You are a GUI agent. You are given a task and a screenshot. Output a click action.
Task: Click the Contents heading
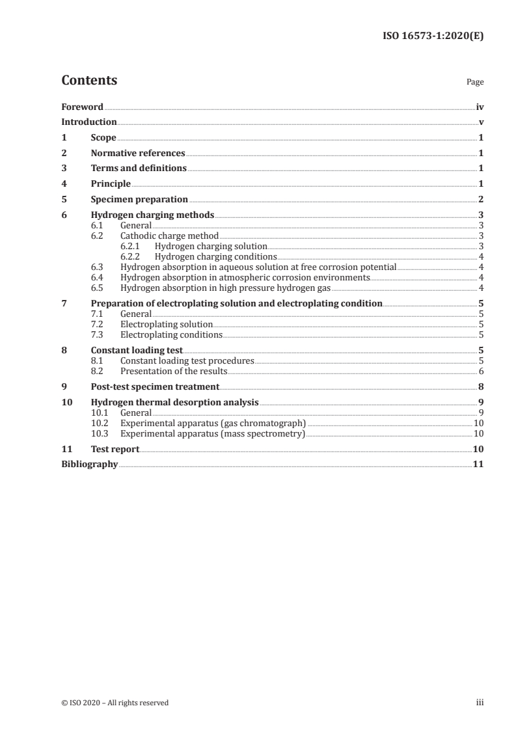[89, 81]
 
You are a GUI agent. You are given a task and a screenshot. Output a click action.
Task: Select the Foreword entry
[82, 107]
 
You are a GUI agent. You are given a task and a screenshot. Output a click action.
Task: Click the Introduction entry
[89, 122]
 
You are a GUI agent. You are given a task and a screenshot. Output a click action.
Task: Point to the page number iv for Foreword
[480, 107]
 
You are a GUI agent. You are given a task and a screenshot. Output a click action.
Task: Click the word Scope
[104, 137]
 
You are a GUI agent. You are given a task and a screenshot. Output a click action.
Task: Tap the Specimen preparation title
[140, 199]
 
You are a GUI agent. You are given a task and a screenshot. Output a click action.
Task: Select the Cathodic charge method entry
[169, 236]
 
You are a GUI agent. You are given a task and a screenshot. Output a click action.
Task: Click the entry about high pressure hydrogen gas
[226, 288]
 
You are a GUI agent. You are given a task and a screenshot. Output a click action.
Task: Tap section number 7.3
[98, 334]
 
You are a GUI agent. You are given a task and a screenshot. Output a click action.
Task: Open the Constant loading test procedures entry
[187, 360]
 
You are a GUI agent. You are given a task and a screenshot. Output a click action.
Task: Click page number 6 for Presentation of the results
[481, 371]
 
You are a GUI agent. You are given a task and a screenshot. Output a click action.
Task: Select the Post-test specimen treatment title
[155, 386]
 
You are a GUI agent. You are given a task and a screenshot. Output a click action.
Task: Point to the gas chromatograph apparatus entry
[213, 423]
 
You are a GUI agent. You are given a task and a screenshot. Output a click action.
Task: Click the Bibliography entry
[89, 464]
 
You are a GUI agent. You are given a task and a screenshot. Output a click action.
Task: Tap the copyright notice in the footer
[115, 702]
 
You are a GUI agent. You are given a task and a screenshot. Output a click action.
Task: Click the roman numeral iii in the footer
[480, 702]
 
